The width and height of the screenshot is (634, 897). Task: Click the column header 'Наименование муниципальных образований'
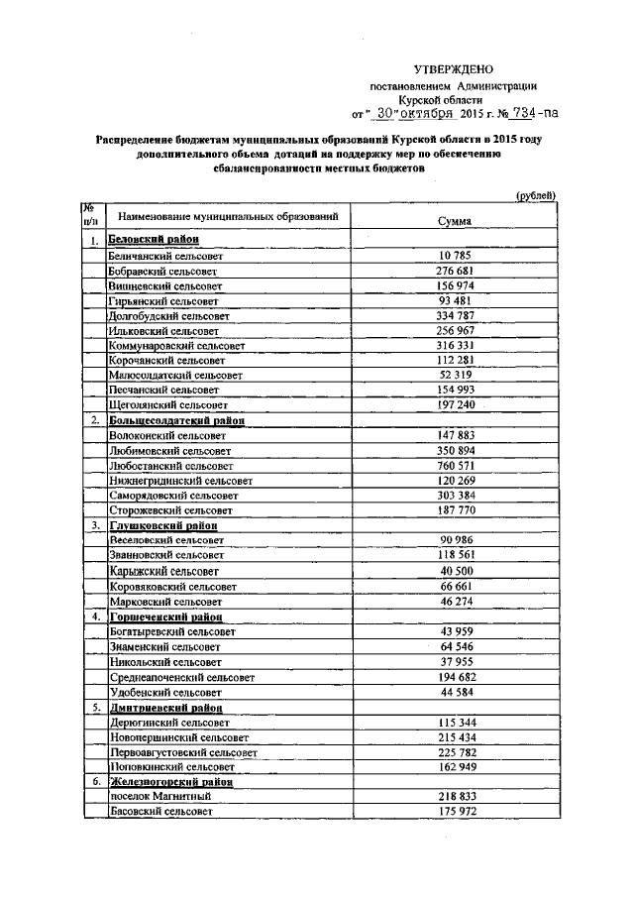click(229, 215)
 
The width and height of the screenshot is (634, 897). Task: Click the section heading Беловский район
click(153, 240)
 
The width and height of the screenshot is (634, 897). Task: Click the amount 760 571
click(457, 465)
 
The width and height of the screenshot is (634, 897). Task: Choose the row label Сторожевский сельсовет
click(166, 510)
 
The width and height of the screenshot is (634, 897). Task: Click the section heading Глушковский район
click(162, 525)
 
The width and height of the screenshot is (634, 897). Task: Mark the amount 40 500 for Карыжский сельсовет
click(457, 571)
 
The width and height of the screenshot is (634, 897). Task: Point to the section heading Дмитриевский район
click(166, 708)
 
